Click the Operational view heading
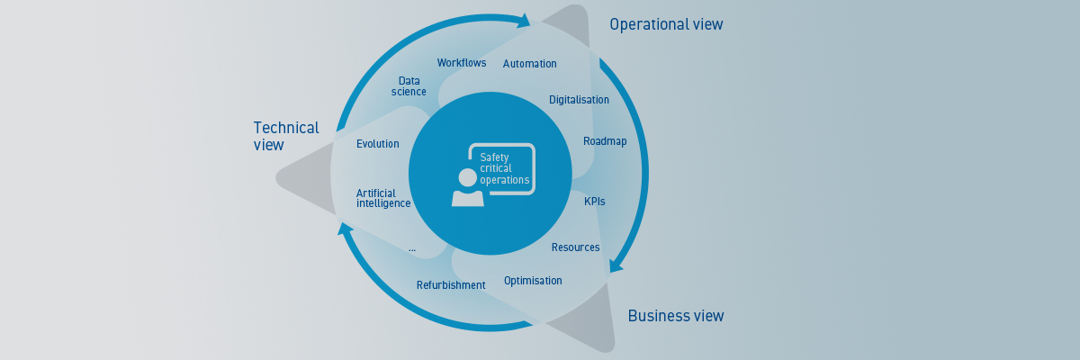tap(666, 24)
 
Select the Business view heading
tap(675, 316)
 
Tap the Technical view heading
tap(285, 136)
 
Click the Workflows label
tap(462, 63)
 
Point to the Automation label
tap(529, 64)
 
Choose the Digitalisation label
tap(579, 100)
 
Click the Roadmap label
tap(605, 141)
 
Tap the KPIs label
tap(594, 202)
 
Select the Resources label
tap(575, 247)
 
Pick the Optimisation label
tap(533, 281)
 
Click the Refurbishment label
tap(451, 285)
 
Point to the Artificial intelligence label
tap(383, 198)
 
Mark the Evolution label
tap(377, 144)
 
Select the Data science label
tap(409, 86)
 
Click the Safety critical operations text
tap(504, 168)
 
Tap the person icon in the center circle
tap(467, 188)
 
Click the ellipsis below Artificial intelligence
tap(411, 247)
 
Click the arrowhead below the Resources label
tap(616, 265)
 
